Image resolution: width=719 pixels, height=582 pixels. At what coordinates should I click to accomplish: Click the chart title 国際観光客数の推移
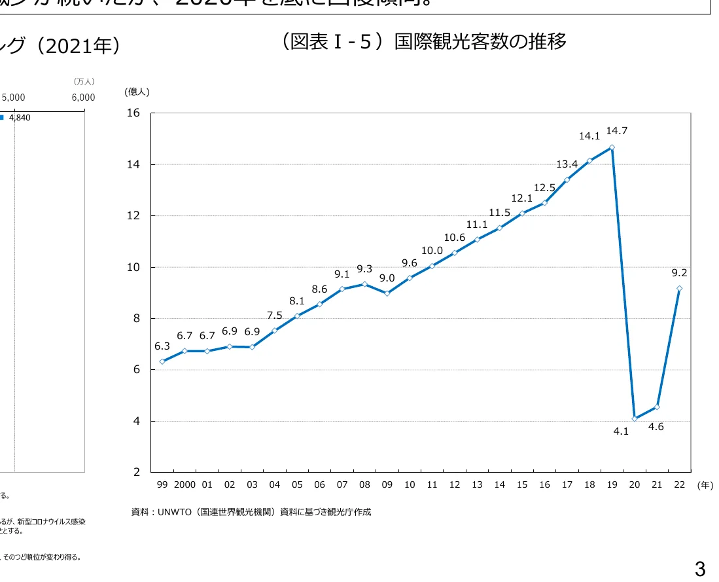(x=421, y=42)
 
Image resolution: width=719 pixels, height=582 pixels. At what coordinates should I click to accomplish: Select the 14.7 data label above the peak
(x=616, y=131)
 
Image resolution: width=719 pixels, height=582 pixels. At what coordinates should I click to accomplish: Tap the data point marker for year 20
(x=635, y=418)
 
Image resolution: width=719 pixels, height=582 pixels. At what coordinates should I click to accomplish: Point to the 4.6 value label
(x=656, y=427)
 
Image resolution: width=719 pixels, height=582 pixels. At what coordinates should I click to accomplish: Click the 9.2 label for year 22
(x=679, y=273)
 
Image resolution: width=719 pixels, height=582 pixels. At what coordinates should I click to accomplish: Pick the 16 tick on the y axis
(x=133, y=113)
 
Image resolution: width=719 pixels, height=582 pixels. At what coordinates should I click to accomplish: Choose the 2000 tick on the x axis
(x=184, y=485)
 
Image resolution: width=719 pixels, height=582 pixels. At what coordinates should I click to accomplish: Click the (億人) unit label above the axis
(x=137, y=92)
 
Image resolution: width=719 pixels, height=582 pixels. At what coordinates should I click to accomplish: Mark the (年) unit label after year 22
(x=705, y=485)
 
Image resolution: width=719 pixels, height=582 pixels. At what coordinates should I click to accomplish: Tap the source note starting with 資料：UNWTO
(x=251, y=512)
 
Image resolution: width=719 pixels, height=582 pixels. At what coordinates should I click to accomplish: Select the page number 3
(x=699, y=569)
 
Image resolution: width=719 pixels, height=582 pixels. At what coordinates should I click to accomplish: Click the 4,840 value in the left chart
(x=20, y=118)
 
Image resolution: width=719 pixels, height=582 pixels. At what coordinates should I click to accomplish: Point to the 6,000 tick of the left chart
(x=83, y=98)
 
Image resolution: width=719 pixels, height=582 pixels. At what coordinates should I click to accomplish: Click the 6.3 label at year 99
(x=162, y=346)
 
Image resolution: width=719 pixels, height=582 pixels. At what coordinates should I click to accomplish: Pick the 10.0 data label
(x=432, y=251)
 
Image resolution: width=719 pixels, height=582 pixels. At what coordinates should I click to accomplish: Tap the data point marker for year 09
(x=387, y=293)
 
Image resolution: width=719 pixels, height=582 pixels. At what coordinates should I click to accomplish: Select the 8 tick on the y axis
(x=136, y=319)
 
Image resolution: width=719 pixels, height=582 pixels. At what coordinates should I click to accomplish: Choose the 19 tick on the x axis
(x=612, y=485)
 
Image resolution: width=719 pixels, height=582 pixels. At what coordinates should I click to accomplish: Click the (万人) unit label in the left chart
(x=84, y=82)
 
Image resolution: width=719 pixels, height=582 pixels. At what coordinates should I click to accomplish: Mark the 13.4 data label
(x=567, y=164)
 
